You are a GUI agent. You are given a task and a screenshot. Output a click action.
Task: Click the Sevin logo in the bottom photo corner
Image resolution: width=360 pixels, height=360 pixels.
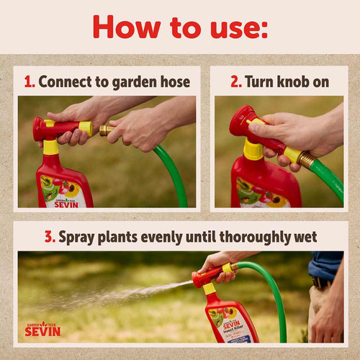pyautogui.click(x=43, y=328)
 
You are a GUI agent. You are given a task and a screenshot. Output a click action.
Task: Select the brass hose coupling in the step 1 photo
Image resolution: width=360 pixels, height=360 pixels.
pyautogui.click(x=107, y=130)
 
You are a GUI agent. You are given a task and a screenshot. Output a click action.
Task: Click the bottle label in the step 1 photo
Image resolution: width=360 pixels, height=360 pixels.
pyautogui.click(x=65, y=191)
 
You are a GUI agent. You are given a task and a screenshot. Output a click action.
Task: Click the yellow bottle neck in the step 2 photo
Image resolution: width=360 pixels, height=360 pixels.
pyautogui.click(x=253, y=150)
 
